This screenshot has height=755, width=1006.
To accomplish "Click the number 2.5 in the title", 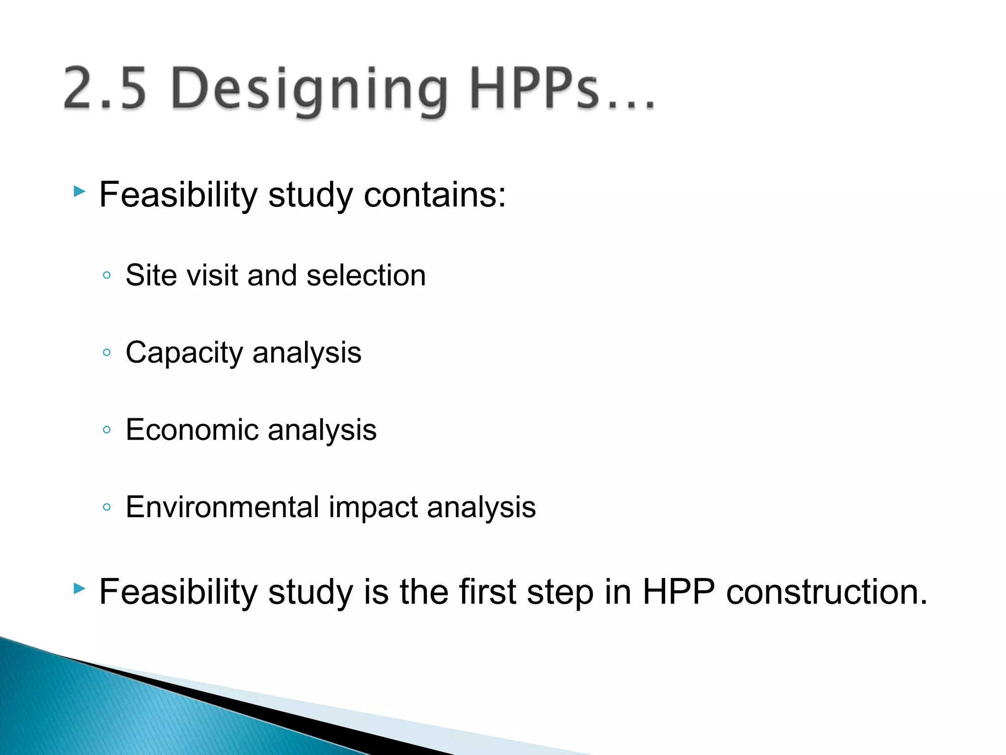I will point(105,88).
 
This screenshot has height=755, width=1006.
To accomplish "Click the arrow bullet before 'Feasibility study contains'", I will point(79,191).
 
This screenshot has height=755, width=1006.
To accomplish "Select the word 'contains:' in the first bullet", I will point(434,195).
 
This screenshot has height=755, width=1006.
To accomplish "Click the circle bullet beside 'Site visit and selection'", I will point(107,275).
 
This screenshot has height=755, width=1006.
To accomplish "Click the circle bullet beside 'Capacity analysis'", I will point(107,352).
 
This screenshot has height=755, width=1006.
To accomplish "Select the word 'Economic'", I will point(192,430).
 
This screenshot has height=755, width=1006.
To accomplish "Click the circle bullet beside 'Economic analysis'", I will point(107,430).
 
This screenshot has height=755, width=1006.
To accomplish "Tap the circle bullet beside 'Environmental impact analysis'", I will point(107,507).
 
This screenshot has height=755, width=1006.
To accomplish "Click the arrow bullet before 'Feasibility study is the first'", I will point(79,588).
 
